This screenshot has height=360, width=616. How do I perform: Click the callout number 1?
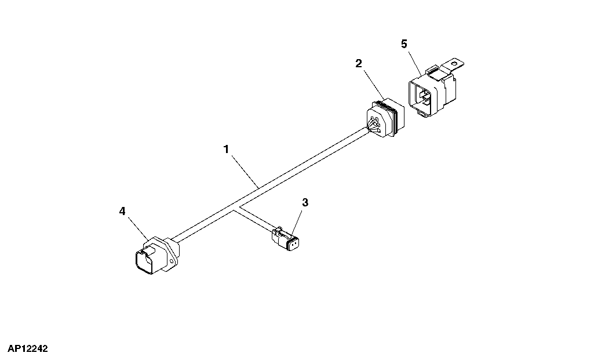pos(226,150)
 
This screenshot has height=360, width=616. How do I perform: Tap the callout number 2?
pos(358,63)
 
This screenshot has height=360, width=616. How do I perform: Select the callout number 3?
pos(305,203)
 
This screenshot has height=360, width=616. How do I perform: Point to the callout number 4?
pos(122,212)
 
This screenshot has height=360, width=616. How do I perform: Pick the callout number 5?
pos(404,44)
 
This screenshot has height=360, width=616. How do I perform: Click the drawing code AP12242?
pos(27,348)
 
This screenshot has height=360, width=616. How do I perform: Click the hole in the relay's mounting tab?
pos(455,63)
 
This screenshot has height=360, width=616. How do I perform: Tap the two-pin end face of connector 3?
pos(293,246)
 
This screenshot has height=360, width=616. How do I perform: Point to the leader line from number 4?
pos(138,228)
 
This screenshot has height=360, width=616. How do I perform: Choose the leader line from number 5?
pos(414,61)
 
